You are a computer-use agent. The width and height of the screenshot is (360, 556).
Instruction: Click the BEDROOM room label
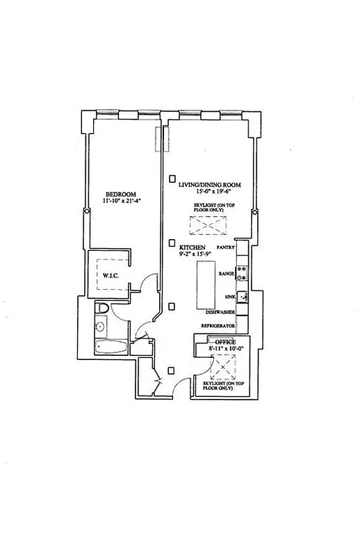tap(120, 194)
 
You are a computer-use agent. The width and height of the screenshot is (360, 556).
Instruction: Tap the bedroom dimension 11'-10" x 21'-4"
tap(120, 202)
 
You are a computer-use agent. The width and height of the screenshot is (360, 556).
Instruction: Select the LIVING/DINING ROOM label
tap(209, 184)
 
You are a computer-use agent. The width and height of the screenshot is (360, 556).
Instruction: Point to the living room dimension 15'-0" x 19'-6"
tap(209, 193)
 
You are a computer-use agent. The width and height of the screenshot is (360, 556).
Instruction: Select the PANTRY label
tap(226, 247)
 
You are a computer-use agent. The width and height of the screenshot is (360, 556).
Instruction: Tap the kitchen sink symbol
tap(243, 297)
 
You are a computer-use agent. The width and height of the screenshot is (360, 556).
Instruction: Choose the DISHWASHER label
tap(219, 313)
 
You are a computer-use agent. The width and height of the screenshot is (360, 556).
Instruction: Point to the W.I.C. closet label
tap(113, 275)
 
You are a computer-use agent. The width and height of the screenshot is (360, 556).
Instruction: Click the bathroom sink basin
tap(100, 326)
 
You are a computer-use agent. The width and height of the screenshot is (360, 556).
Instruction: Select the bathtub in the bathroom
tap(111, 347)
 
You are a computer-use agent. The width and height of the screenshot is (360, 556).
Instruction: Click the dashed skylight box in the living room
tap(203, 227)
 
